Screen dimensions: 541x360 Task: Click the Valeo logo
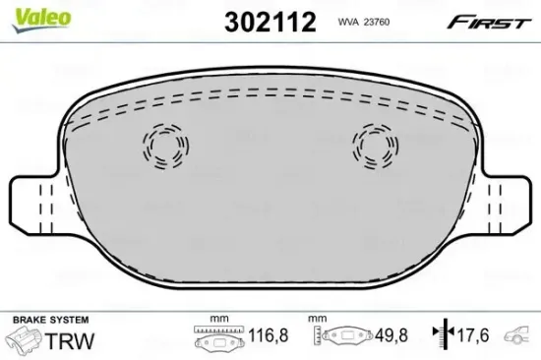click(x=41, y=20)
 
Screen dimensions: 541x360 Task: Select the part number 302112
click(x=270, y=22)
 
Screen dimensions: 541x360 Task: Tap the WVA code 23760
click(x=364, y=22)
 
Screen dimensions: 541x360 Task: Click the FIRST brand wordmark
click(x=489, y=23)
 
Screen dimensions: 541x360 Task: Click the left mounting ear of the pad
click(x=32, y=206)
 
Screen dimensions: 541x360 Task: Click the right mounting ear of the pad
click(x=509, y=206)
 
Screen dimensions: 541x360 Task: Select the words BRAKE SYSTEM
click(x=51, y=320)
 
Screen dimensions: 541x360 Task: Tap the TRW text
click(x=70, y=341)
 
